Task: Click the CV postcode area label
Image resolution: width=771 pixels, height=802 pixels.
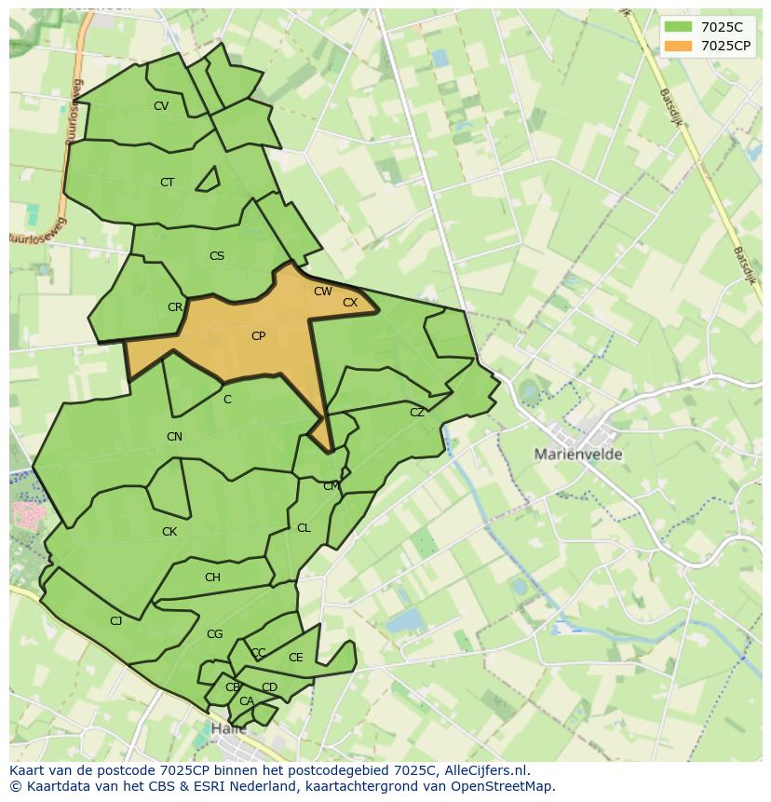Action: (x=161, y=106)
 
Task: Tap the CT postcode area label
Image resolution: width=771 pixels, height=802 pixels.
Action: (x=167, y=183)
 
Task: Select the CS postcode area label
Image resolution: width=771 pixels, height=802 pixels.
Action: (x=217, y=256)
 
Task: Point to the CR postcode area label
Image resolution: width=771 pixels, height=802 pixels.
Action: (x=175, y=307)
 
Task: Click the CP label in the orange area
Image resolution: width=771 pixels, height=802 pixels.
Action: (x=258, y=336)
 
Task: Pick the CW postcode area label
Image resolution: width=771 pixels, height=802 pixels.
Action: (x=322, y=292)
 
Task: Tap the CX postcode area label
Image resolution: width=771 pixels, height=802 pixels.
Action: (x=350, y=303)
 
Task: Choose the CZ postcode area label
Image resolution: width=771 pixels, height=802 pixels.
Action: (x=417, y=413)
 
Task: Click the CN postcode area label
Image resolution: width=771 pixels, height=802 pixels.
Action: (x=174, y=437)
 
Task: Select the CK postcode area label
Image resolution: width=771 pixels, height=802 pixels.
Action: (x=169, y=532)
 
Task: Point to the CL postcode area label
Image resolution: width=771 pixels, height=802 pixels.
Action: (x=304, y=528)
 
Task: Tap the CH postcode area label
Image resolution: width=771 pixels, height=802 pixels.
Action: (x=212, y=578)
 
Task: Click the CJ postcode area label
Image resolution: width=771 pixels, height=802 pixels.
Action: (x=115, y=621)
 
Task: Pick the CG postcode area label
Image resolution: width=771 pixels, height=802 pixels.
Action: (x=214, y=634)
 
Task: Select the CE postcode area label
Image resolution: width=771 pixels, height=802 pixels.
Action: (x=295, y=658)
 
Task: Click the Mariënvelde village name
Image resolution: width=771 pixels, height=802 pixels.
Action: (x=578, y=455)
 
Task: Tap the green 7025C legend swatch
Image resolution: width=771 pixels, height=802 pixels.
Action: (x=678, y=27)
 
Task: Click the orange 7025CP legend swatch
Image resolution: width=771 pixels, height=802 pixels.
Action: (x=678, y=46)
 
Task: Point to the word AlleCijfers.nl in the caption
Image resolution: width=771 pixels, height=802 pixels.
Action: (x=484, y=770)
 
